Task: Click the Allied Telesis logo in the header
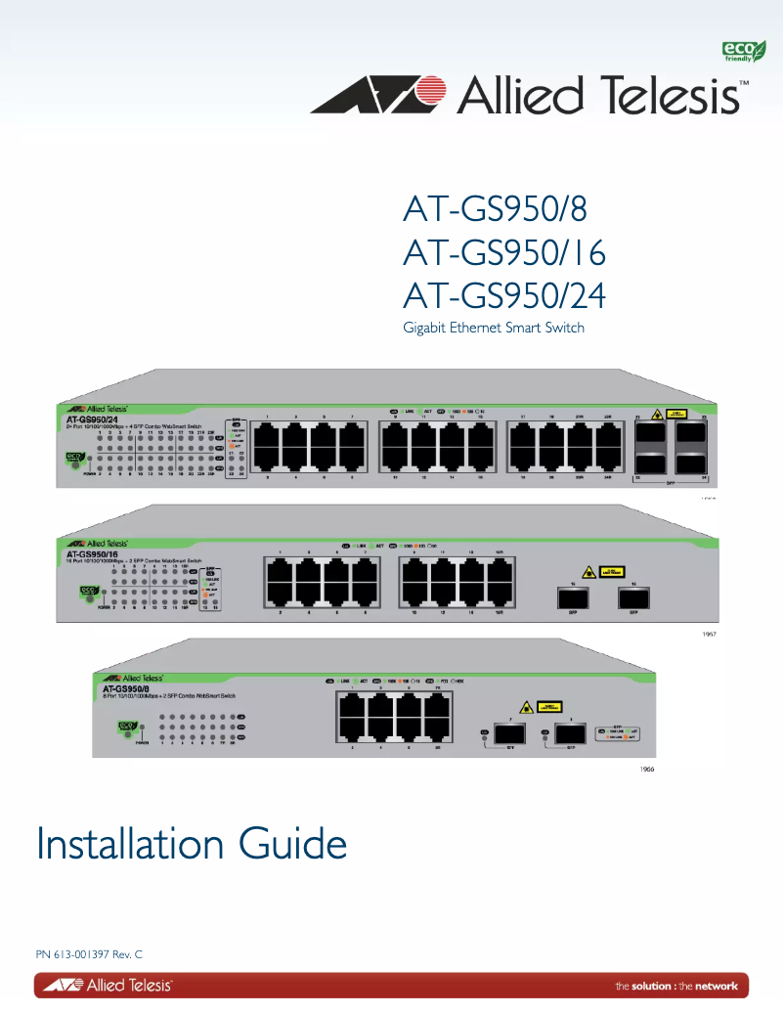pos(529,96)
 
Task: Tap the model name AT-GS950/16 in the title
pos(504,253)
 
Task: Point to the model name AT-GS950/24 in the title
pos(504,296)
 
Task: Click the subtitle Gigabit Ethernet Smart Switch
pos(494,328)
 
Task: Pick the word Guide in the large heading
pos(292,844)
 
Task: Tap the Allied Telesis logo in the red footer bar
pos(106,985)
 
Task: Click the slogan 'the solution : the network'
pos(676,986)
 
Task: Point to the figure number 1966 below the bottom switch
pos(646,771)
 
